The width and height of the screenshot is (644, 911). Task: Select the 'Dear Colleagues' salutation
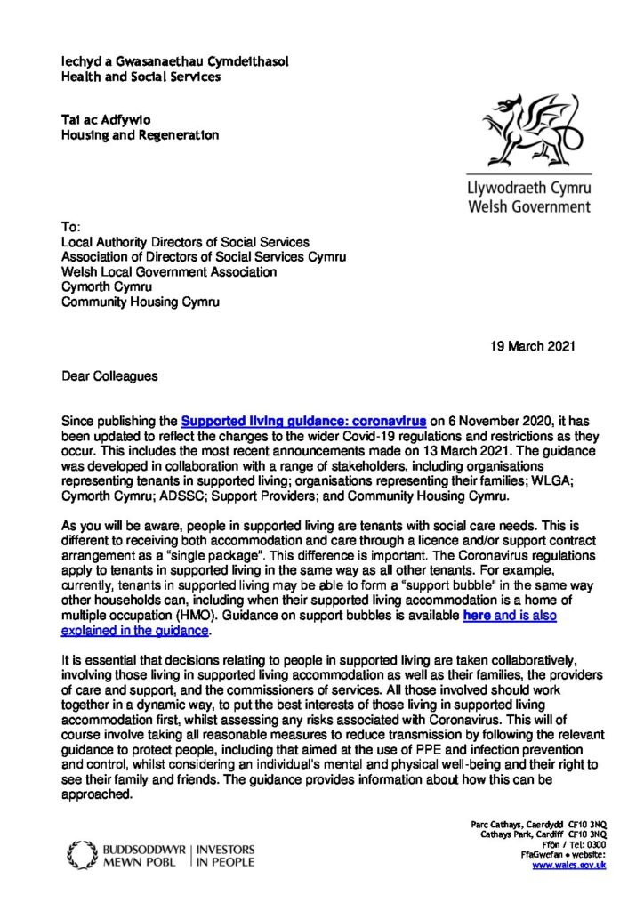click(110, 376)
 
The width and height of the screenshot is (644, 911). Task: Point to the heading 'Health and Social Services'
click(141, 77)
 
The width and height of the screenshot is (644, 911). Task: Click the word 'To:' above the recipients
click(70, 227)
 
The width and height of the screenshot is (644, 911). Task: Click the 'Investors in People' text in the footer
click(226, 855)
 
